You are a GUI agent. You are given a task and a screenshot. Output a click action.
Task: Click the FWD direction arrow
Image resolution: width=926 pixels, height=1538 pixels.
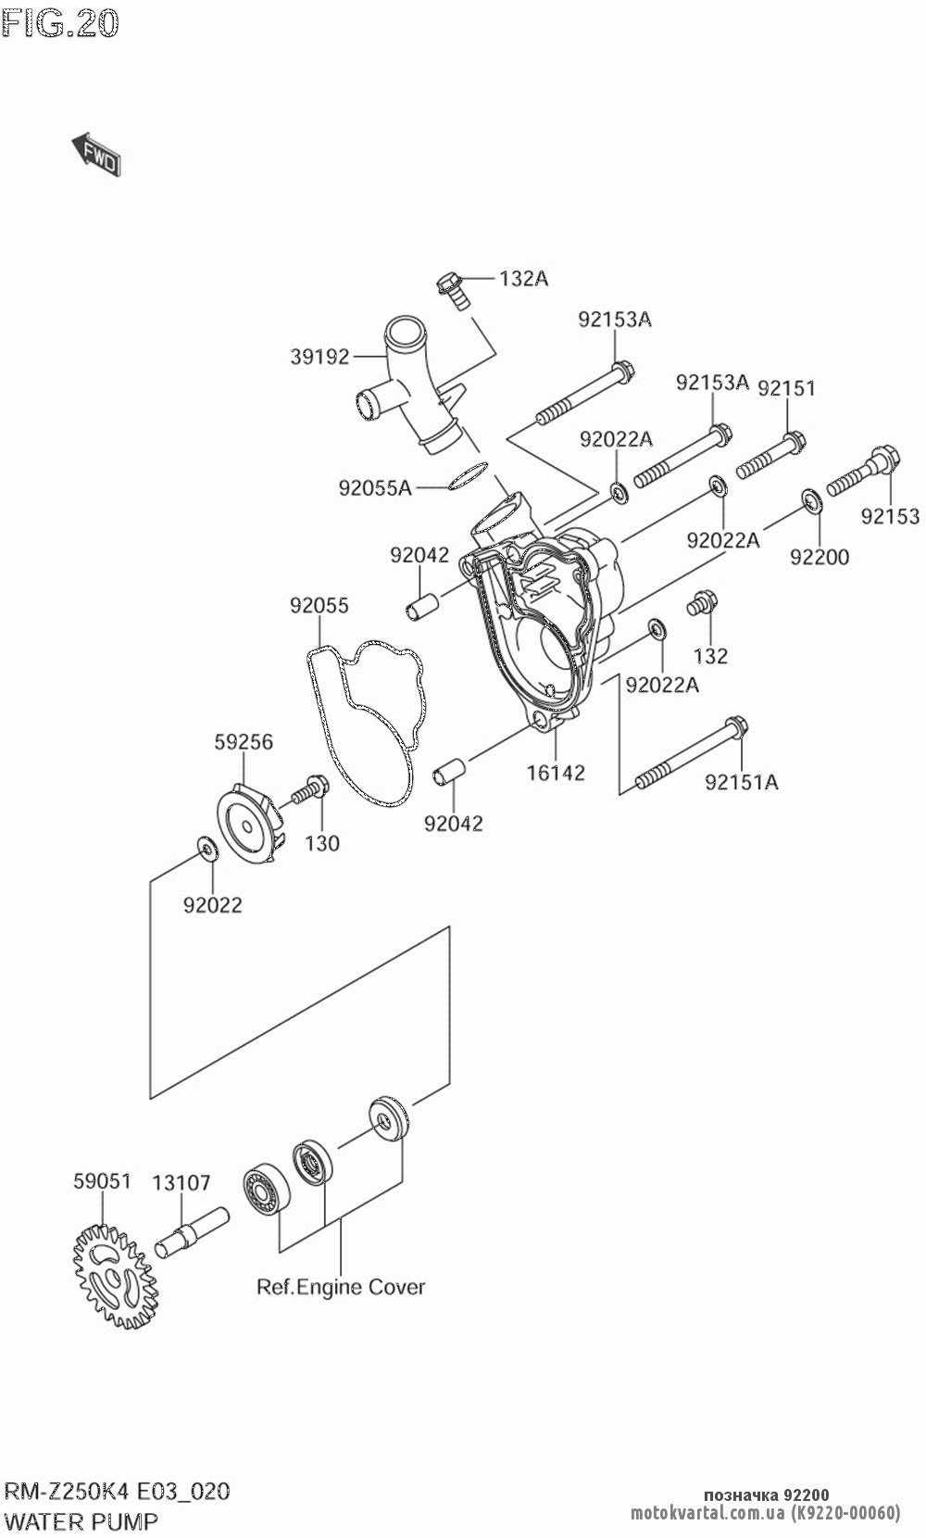(96, 154)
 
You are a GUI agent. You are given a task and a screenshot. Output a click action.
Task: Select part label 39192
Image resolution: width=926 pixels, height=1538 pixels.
(319, 356)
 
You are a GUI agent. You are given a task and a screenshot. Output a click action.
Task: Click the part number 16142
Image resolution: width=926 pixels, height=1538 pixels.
(556, 772)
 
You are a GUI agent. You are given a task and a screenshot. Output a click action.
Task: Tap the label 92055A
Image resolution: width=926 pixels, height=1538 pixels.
(374, 487)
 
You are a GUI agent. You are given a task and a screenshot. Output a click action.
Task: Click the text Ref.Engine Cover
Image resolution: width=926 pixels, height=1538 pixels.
(341, 1287)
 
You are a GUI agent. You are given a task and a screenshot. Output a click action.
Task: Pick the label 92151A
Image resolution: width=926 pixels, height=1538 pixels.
(741, 783)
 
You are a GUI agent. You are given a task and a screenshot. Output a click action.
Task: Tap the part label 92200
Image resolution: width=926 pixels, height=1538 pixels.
(820, 557)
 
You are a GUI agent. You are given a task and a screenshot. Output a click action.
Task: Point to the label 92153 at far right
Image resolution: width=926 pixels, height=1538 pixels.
(890, 517)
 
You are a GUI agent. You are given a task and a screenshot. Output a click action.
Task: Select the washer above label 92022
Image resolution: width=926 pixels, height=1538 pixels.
(205, 846)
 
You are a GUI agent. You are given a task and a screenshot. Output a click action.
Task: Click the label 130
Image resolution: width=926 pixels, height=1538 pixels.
(322, 843)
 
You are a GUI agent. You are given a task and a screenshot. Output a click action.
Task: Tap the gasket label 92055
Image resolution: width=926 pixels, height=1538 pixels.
(319, 606)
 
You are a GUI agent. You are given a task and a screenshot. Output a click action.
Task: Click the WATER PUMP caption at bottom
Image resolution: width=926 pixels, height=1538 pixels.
(81, 1520)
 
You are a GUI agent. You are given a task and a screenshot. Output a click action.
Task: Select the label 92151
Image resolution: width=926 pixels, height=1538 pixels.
(786, 388)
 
